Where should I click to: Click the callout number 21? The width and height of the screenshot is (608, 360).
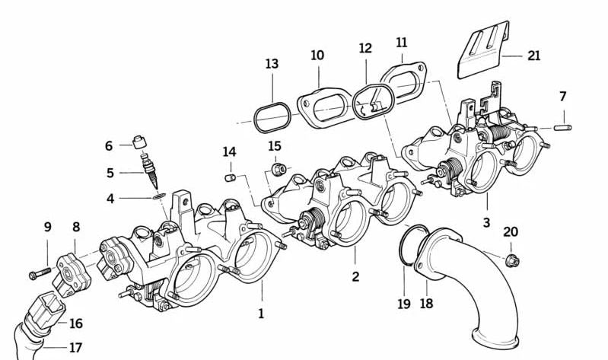tap(533, 56)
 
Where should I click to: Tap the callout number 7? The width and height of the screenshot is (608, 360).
tap(562, 97)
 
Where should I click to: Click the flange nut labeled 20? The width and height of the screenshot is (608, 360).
tap(511, 260)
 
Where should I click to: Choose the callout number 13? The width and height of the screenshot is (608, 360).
tap(272, 64)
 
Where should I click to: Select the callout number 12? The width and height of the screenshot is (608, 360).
tap(365, 48)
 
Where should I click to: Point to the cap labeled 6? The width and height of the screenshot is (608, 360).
tap(139, 142)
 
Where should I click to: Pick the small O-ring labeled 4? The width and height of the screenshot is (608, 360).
tap(158, 196)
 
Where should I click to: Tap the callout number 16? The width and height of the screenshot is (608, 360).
tap(75, 323)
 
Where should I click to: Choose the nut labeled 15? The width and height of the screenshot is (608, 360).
tap(278, 167)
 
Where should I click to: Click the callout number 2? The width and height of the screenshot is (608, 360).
tap(355, 276)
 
